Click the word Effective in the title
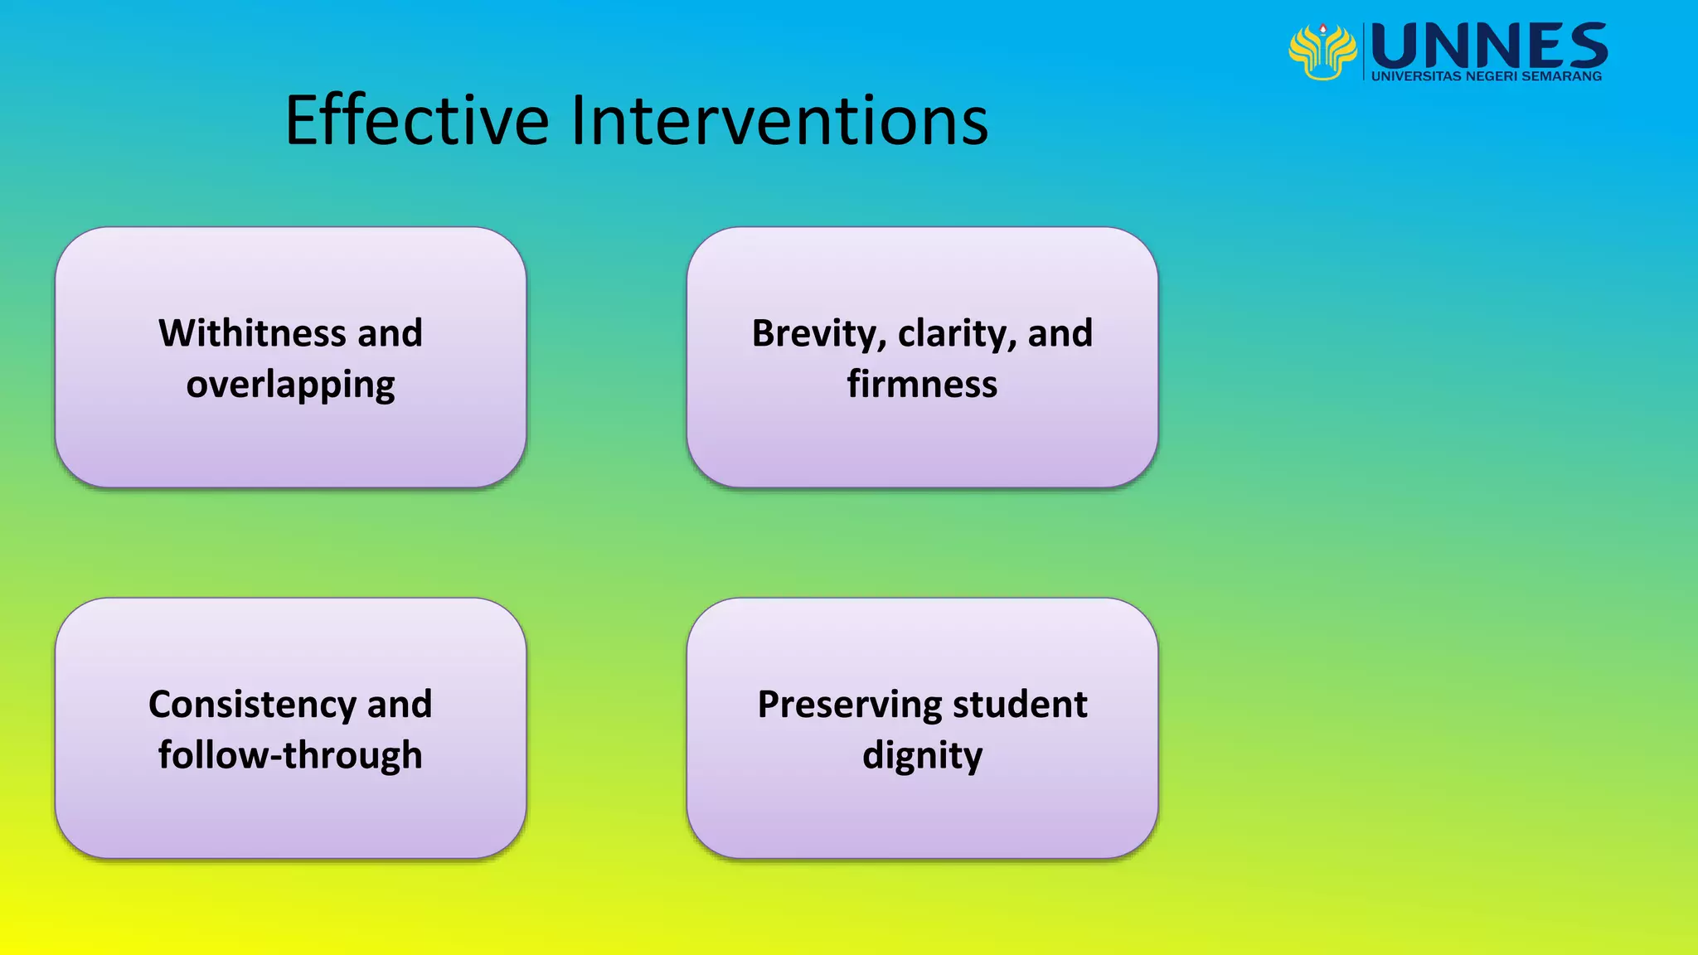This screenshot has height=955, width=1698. [416, 121]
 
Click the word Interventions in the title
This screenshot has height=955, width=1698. [779, 121]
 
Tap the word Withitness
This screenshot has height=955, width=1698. [252, 333]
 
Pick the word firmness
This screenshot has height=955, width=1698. [922, 385]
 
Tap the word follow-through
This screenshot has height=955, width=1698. [290, 755]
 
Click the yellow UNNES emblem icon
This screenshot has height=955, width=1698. [1322, 51]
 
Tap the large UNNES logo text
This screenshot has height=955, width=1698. [1489, 46]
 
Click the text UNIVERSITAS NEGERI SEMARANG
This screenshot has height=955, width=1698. [1486, 76]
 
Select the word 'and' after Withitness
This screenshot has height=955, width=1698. [390, 333]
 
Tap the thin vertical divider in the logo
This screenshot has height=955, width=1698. [1364, 51]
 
